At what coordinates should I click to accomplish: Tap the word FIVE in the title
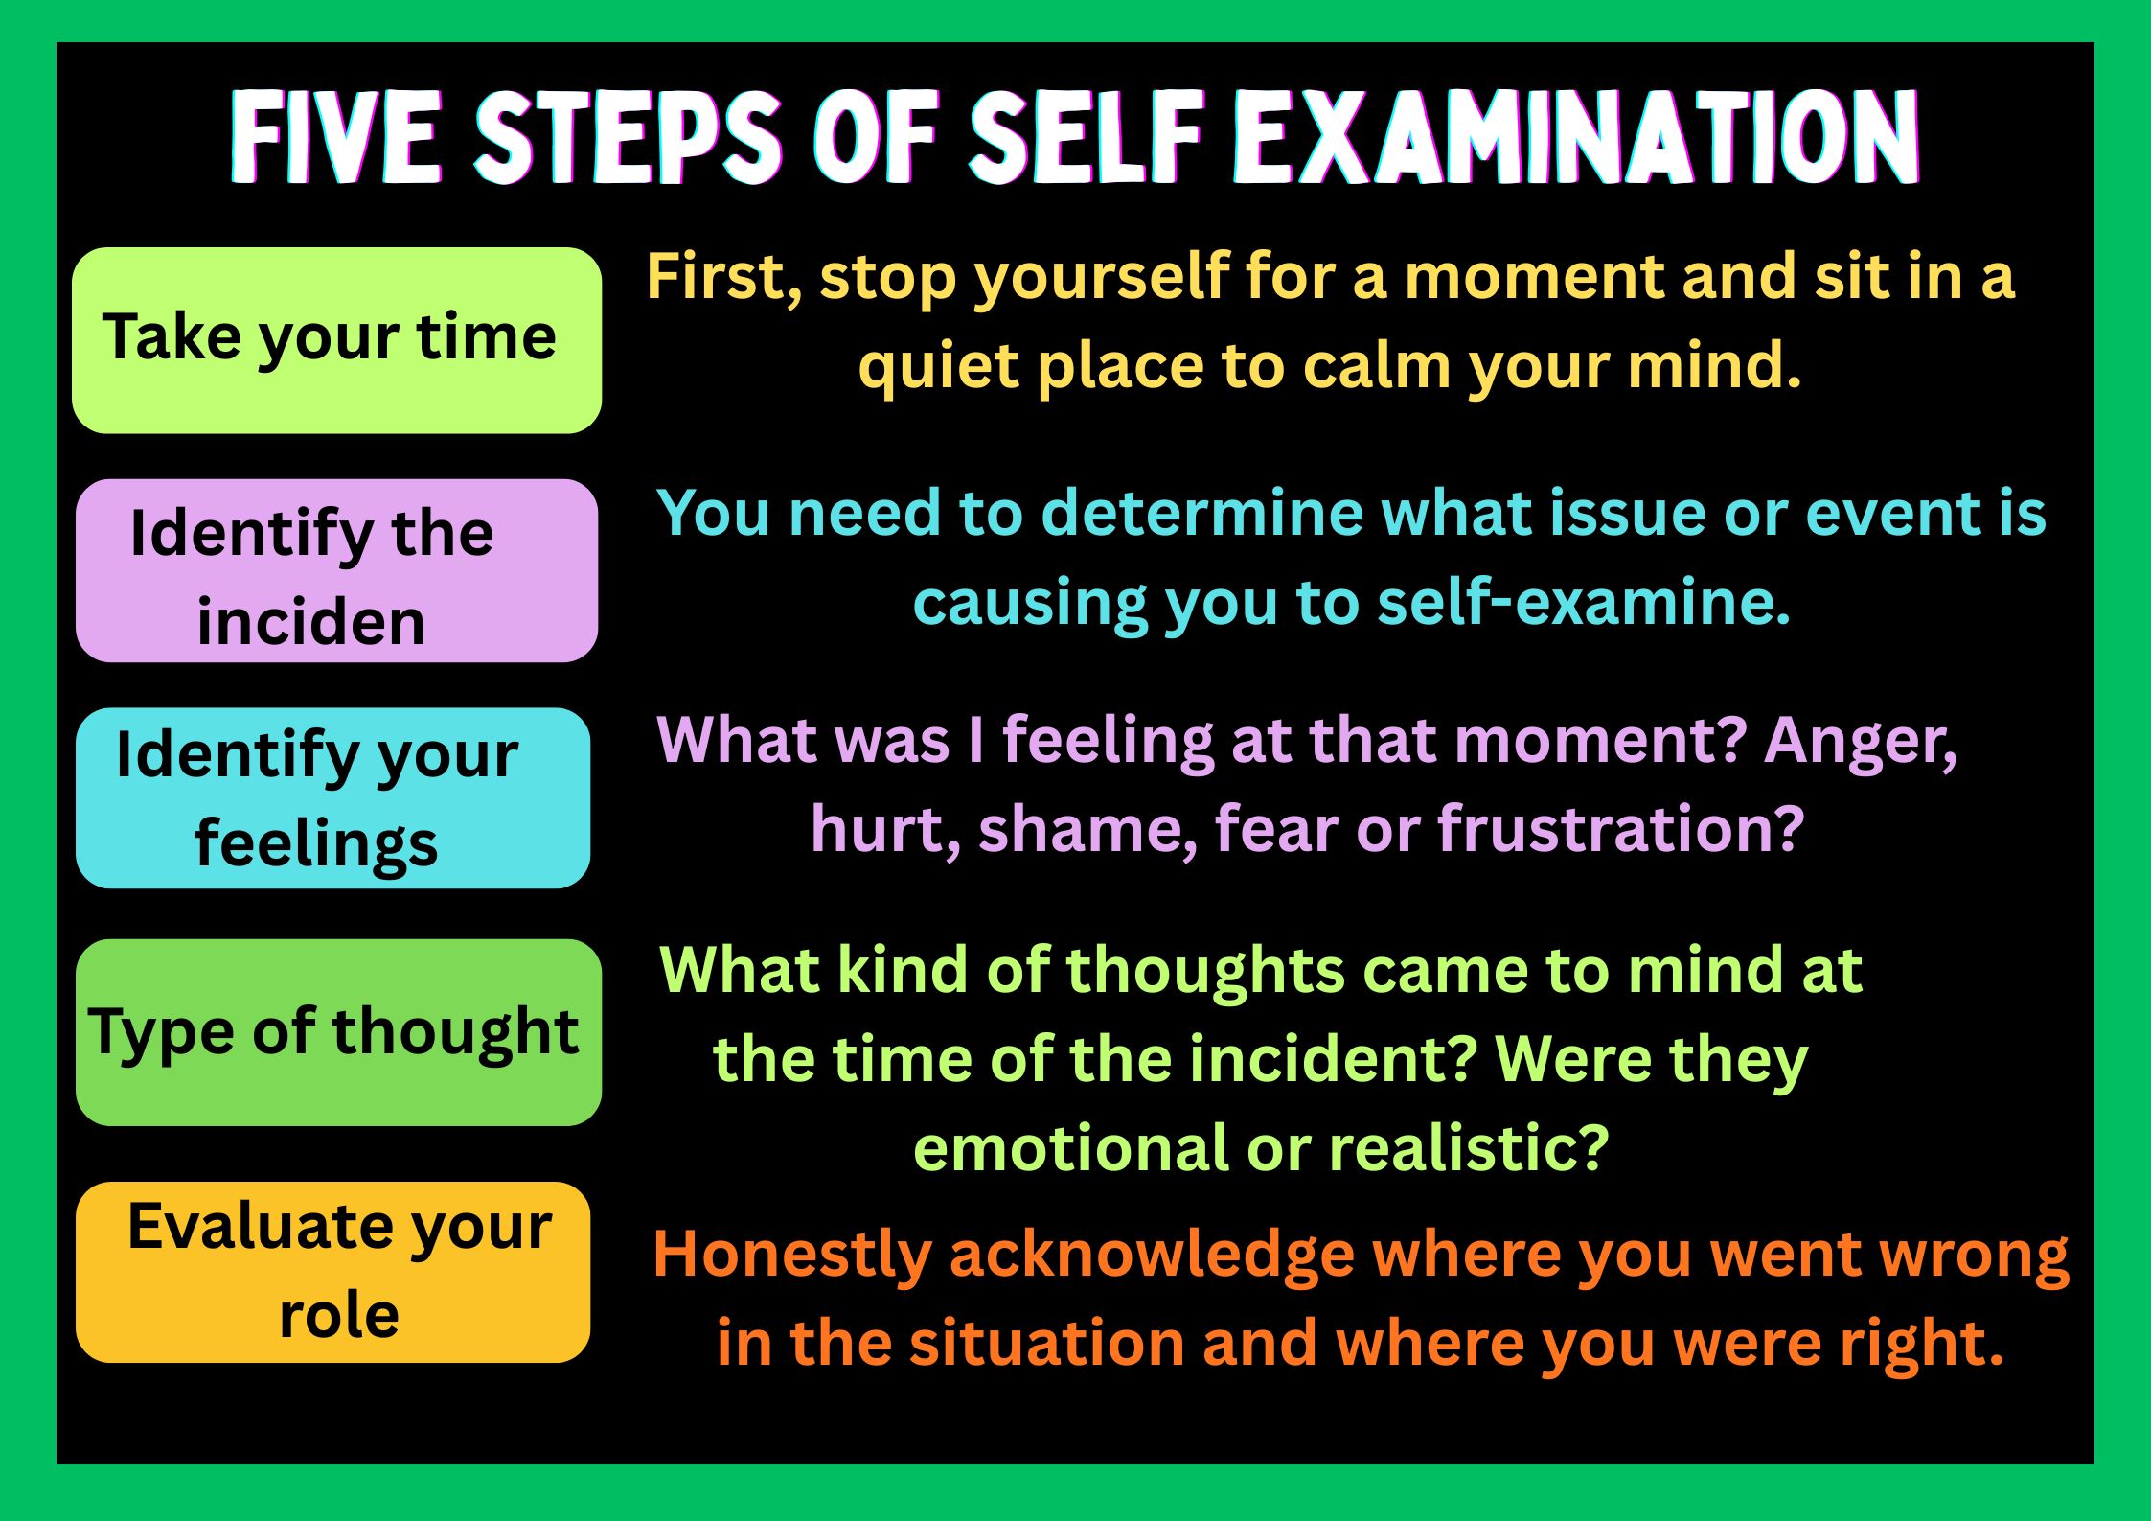[x=335, y=137]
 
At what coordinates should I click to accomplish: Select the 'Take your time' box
[x=337, y=340]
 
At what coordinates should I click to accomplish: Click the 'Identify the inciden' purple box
[x=337, y=570]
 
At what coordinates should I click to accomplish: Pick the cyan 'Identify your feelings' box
[x=333, y=798]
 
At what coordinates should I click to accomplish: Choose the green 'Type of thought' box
[x=339, y=1032]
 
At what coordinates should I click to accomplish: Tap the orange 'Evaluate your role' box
[x=333, y=1272]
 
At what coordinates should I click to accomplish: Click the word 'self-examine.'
[x=1584, y=603]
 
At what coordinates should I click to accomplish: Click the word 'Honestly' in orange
[x=792, y=1256]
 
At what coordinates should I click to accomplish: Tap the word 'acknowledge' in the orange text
[x=1152, y=1256]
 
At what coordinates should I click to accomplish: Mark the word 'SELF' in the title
[x=1087, y=137]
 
